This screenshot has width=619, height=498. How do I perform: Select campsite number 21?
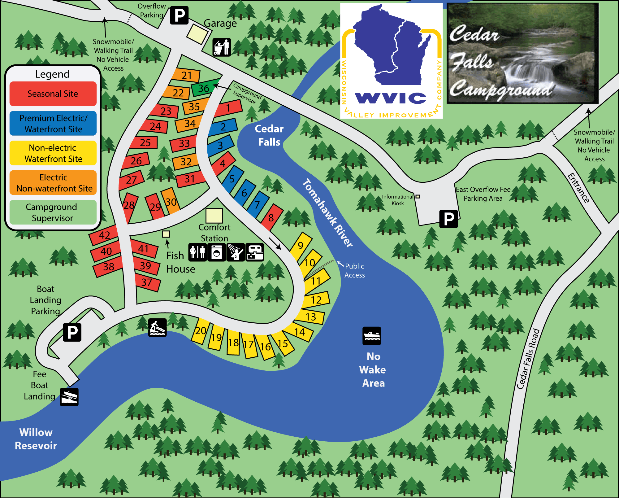[187, 75]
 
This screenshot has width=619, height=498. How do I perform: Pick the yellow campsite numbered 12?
[316, 300]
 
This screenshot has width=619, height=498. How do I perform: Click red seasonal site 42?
[104, 235]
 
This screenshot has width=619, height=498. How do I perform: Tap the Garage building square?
[197, 34]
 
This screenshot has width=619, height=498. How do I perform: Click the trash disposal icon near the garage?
[222, 47]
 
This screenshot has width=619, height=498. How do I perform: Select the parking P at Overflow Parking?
[179, 15]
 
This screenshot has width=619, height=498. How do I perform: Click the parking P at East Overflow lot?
[448, 219]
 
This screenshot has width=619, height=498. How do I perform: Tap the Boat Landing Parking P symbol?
[72, 332]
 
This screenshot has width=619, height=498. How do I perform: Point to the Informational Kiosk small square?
[418, 196]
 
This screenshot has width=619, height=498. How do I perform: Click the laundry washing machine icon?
[217, 252]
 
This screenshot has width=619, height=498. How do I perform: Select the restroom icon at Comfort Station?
[197, 252]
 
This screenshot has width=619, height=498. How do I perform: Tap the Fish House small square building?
[166, 234]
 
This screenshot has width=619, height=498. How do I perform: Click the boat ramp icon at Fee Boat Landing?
[69, 397]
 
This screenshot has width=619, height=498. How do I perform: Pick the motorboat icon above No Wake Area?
[372, 336]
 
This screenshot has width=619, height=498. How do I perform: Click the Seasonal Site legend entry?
[53, 94]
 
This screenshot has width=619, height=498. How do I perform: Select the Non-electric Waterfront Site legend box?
[53, 153]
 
